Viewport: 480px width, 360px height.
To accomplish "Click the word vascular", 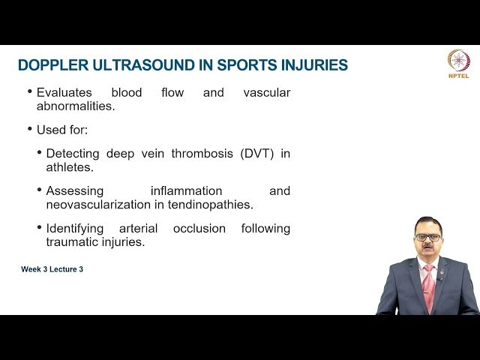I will click(x=266, y=93).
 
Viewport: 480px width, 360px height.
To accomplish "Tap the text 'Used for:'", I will click(x=62, y=130).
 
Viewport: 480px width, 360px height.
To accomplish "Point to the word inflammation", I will click(x=186, y=190).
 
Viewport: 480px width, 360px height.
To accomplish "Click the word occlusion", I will click(x=199, y=228).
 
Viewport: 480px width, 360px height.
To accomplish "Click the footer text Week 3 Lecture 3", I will click(x=52, y=269).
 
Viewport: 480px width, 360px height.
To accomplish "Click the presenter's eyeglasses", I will click(x=427, y=237).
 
